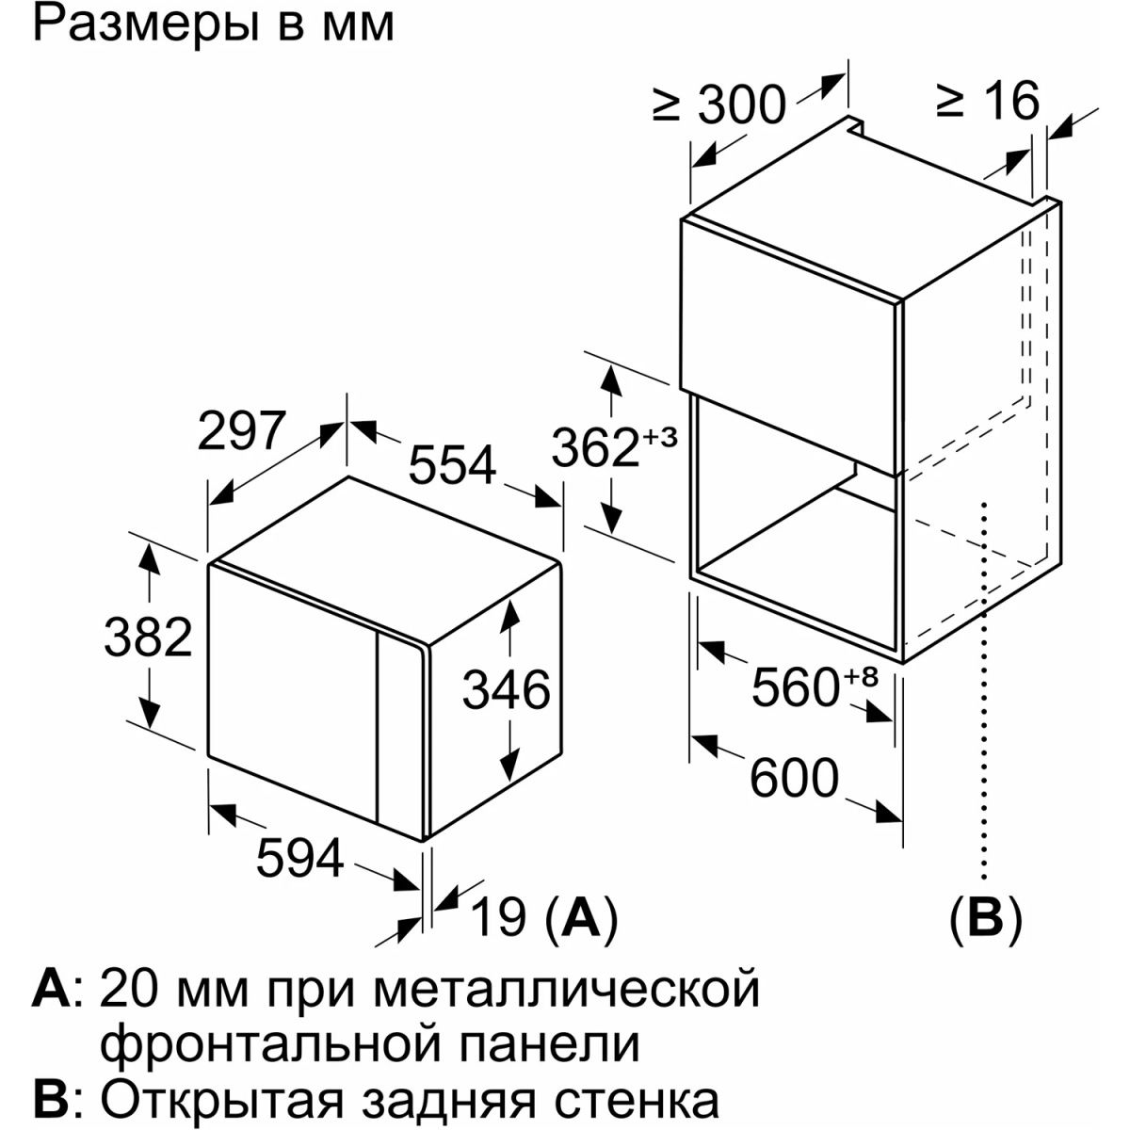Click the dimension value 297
coord(242,431)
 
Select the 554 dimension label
coord(453,465)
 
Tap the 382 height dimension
coord(148,638)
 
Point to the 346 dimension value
coord(506,689)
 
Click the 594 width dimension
coord(299,859)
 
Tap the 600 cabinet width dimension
coord(795,779)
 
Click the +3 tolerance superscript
coord(660,437)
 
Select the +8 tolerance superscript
coord(861,677)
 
